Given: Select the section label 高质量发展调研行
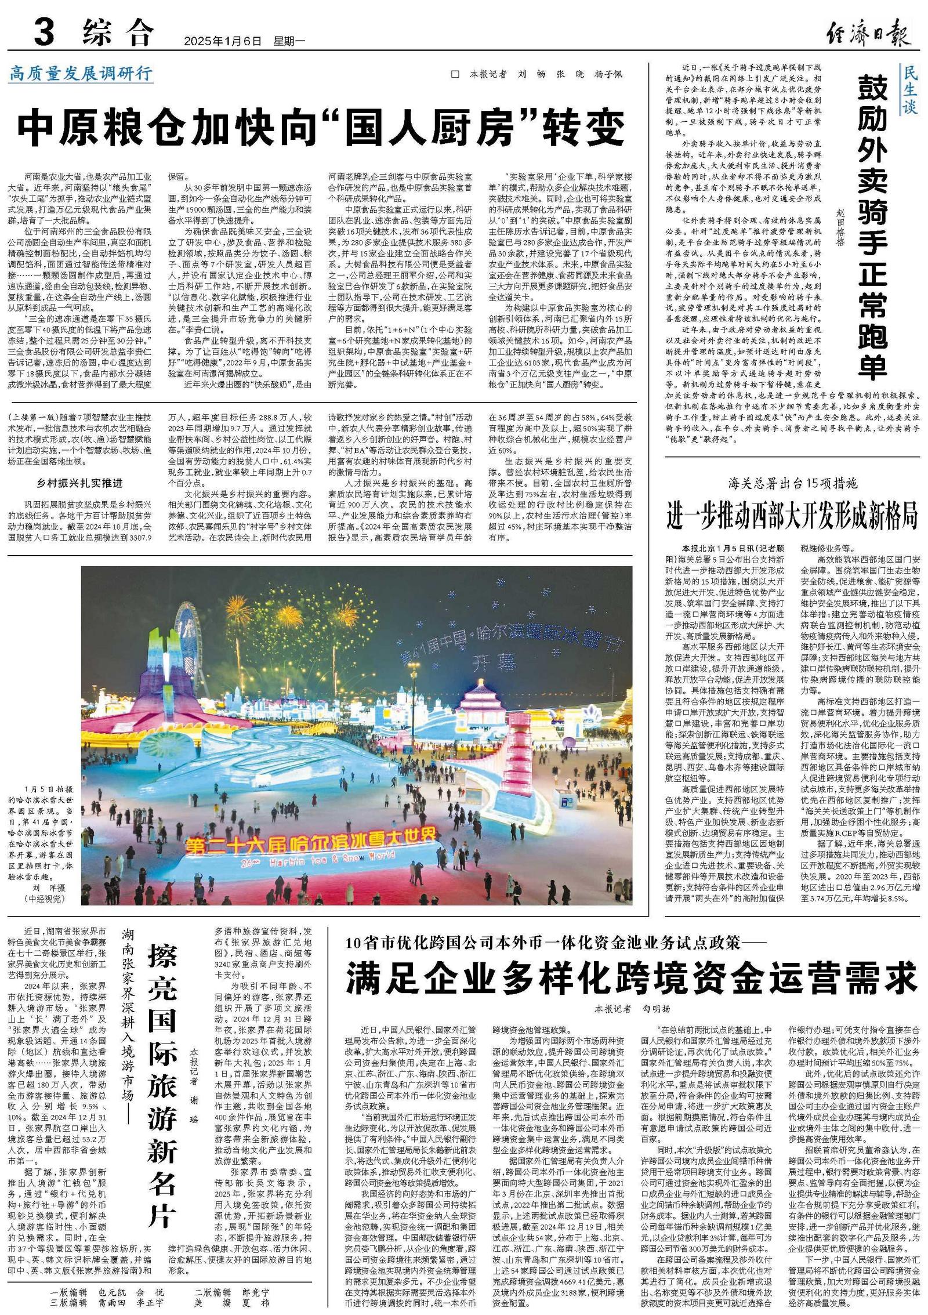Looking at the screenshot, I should tap(81, 74).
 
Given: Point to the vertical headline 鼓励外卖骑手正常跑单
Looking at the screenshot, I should tap(873, 226).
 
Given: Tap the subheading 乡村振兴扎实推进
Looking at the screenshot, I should tap(80, 483).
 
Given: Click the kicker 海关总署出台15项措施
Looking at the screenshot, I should tap(793, 483).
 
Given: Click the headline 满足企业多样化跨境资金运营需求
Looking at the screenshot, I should tap(632, 977).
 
